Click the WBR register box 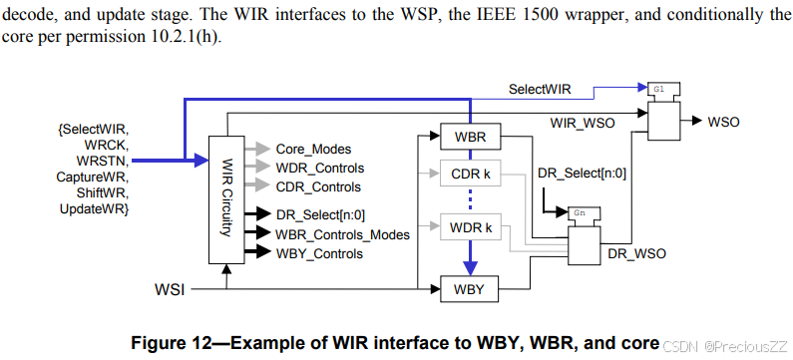(469, 134)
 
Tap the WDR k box (469, 227)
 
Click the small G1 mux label (659, 88)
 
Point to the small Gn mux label (579, 212)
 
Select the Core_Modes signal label (312, 149)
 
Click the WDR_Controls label (319, 168)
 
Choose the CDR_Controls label (318, 186)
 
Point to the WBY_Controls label (318, 253)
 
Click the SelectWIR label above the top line (541, 89)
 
